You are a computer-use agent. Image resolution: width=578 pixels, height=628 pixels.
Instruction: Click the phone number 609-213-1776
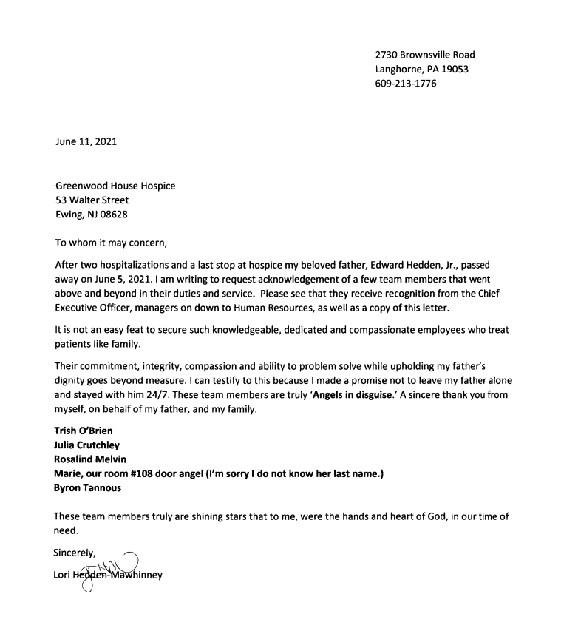(406, 84)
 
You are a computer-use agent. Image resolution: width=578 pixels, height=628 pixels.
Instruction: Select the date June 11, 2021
(85, 142)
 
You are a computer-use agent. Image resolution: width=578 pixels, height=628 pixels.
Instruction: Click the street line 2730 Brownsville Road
(425, 55)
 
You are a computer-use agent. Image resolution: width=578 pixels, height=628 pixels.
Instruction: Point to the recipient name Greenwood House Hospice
(115, 186)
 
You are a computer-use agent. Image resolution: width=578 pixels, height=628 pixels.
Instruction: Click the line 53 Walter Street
(92, 200)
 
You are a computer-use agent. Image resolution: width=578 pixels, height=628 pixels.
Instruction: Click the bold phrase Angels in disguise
(353, 395)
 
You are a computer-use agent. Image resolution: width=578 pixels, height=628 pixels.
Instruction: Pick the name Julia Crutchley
(87, 445)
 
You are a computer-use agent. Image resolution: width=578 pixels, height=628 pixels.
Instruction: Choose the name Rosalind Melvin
(89, 459)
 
